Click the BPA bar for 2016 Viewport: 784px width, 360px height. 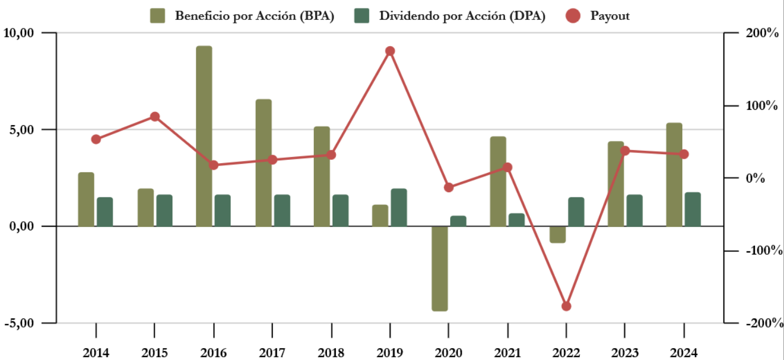pos(204,136)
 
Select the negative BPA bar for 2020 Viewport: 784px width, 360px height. pos(439,268)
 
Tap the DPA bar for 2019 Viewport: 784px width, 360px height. pos(399,208)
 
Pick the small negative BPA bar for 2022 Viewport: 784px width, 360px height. pos(558,234)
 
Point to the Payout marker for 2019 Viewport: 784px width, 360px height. pos(390,51)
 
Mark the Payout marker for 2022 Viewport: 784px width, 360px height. pos(566,306)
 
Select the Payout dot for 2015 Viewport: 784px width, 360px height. pos(155,117)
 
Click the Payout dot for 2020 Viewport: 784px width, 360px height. pos(449,187)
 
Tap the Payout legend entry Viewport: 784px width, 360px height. pos(599,16)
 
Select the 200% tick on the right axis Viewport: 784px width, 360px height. pos(761,33)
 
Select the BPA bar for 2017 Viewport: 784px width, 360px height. pos(263,163)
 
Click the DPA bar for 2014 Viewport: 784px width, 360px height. pos(105,212)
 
